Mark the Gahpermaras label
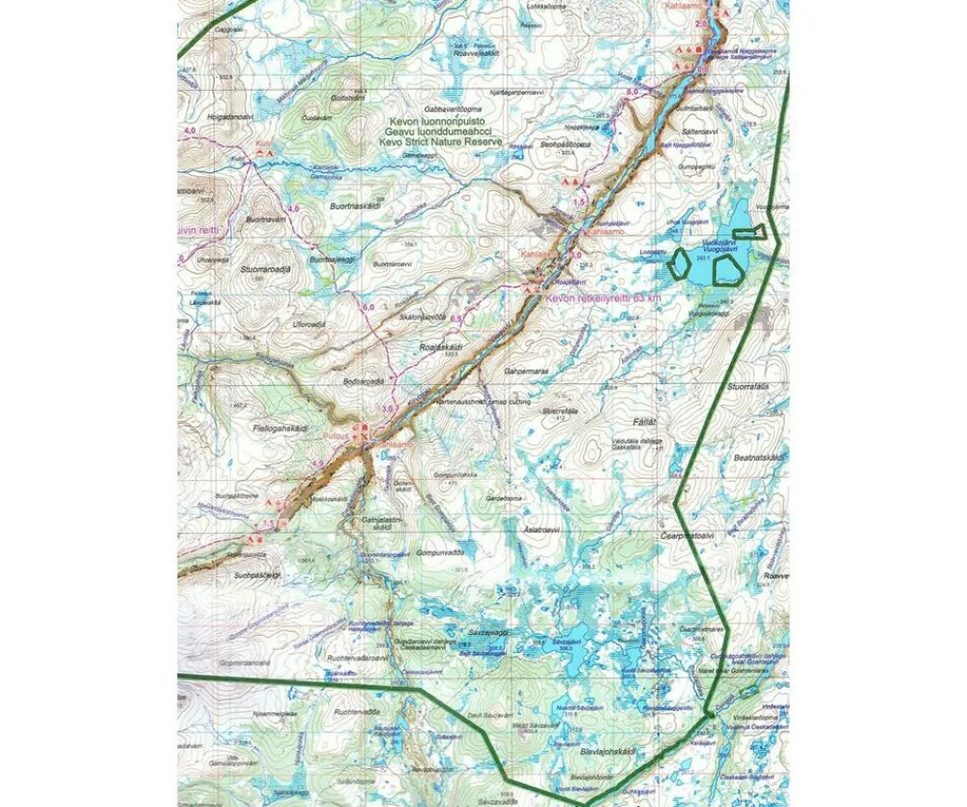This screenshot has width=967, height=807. tap(527, 370)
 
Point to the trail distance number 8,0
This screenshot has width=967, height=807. tap(632, 91)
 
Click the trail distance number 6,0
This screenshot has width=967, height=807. tap(367, 307)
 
